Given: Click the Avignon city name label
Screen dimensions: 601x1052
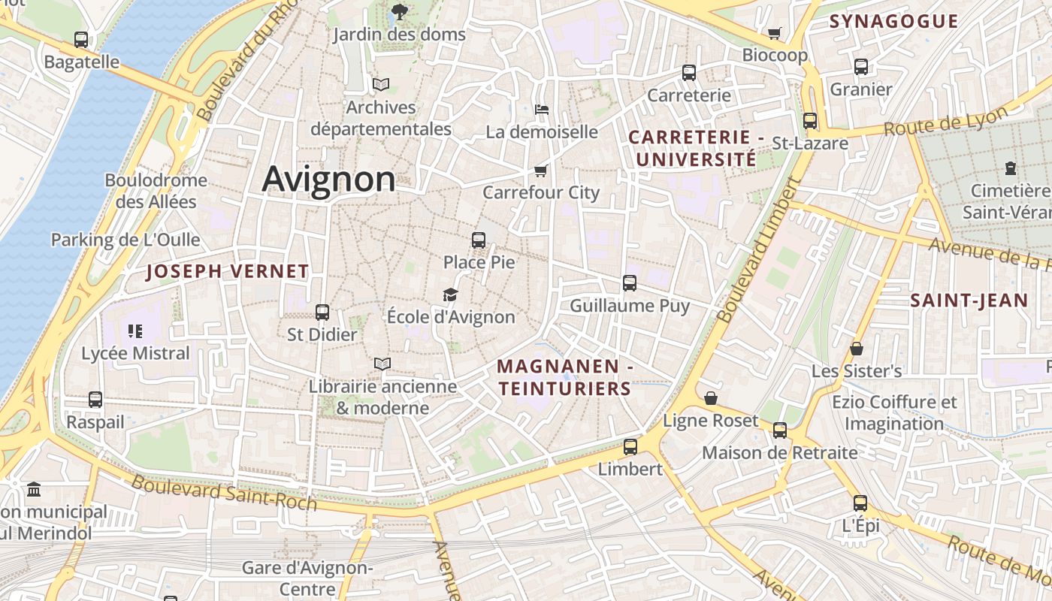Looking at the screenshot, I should [328, 180].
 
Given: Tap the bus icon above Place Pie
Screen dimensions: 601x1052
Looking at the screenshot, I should [479, 240].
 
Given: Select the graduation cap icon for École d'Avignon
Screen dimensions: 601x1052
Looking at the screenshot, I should [450, 294].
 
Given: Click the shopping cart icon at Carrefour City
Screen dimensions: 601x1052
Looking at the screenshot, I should [540, 171].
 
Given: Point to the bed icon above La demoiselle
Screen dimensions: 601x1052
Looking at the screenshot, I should [541, 110].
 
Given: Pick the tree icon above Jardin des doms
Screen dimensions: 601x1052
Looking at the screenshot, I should [399, 12].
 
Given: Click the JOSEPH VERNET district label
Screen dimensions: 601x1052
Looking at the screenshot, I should [227, 272].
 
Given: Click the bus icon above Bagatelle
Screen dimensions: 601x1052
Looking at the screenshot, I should [81, 40].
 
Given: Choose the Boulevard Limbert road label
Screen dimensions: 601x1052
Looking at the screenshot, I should [757, 250].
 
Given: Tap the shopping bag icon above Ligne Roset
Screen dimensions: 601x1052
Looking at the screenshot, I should [710, 398].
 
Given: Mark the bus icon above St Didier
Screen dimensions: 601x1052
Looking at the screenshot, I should [322, 312].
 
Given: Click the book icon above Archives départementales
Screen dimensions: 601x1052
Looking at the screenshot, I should [381, 84].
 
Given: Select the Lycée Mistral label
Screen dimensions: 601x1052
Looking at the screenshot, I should [135, 353].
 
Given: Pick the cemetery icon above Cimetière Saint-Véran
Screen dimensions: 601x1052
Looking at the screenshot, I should [1010, 168].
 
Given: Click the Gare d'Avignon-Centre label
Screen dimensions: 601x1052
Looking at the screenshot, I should [307, 578].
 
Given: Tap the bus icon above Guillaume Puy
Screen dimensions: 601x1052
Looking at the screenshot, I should [630, 283].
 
